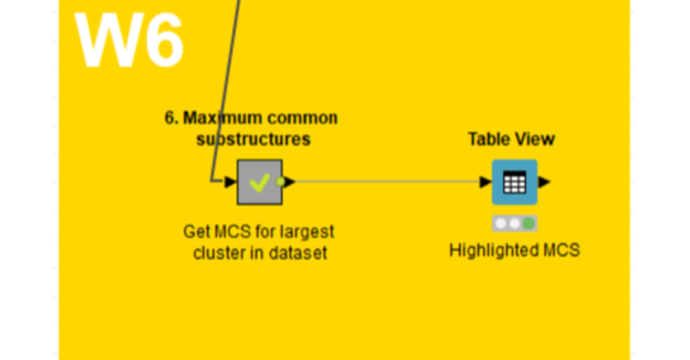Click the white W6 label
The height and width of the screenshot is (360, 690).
click(x=129, y=39)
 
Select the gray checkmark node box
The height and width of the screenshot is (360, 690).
click(x=260, y=182)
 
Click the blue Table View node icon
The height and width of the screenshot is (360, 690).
click(x=515, y=182)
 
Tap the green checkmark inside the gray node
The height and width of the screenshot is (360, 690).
click(x=260, y=183)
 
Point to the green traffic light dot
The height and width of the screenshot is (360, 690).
click(x=529, y=223)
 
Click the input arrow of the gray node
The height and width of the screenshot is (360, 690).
click(x=230, y=182)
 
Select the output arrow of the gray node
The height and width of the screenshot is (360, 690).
click(x=289, y=182)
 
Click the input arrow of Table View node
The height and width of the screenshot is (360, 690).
click(x=486, y=182)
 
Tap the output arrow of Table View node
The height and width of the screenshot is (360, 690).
click(x=544, y=182)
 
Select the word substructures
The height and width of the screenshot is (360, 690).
click(x=253, y=139)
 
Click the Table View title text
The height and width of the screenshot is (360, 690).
click(x=512, y=139)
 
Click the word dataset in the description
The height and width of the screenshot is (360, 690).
click(x=298, y=253)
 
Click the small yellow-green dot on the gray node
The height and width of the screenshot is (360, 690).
click(x=280, y=182)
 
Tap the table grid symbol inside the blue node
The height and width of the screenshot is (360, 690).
click(x=515, y=182)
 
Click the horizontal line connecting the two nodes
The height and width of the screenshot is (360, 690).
click(x=388, y=182)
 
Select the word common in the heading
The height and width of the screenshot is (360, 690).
click(x=302, y=118)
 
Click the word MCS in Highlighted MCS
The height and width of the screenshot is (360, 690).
click(x=562, y=250)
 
